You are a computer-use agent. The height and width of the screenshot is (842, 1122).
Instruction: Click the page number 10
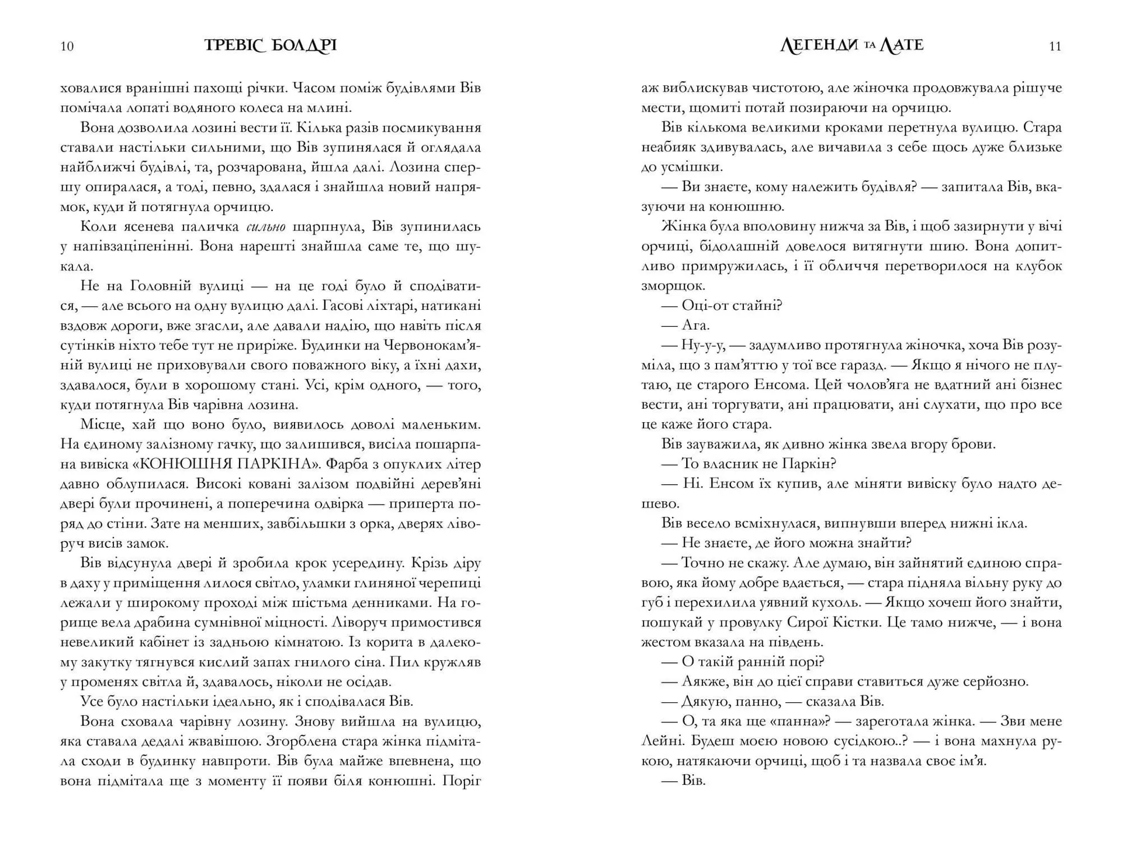click(x=67, y=47)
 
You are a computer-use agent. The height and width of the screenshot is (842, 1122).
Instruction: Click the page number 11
click(x=1055, y=47)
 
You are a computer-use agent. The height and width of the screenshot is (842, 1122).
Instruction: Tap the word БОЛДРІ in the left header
click(x=304, y=46)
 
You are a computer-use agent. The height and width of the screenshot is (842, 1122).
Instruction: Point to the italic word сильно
click(x=265, y=227)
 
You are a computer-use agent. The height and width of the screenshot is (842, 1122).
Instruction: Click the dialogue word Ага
click(x=695, y=326)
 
